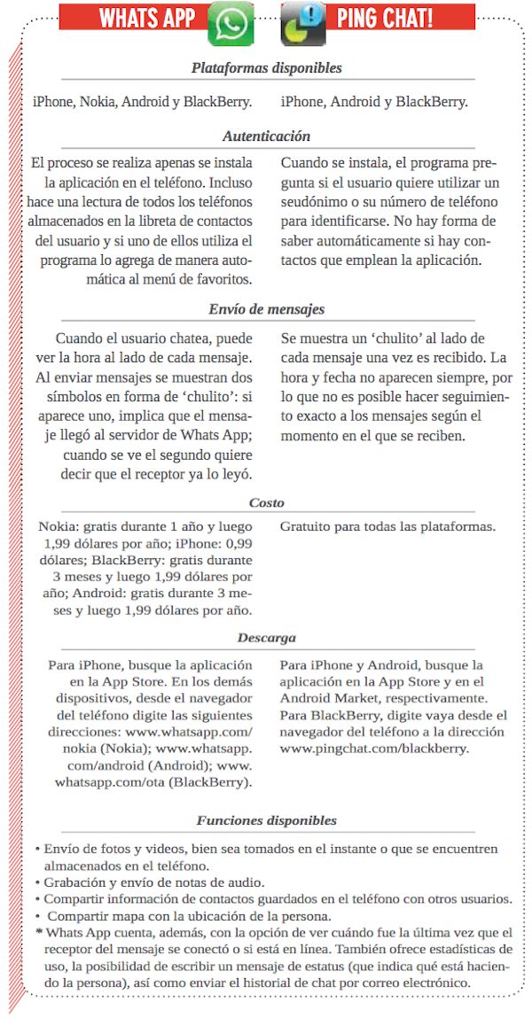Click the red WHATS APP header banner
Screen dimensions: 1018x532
tap(146, 17)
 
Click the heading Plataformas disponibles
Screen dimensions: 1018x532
tap(266, 68)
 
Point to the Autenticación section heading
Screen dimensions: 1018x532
tap(266, 136)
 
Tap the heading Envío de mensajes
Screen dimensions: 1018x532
tap(266, 309)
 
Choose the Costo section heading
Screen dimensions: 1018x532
tap(266, 502)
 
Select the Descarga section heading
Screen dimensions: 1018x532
tap(266, 638)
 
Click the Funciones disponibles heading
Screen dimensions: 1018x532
tap(266, 820)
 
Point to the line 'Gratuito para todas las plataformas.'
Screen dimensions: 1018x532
tap(387, 526)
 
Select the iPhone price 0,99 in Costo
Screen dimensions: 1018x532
tap(235, 543)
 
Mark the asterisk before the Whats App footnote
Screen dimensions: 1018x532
tap(39, 932)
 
